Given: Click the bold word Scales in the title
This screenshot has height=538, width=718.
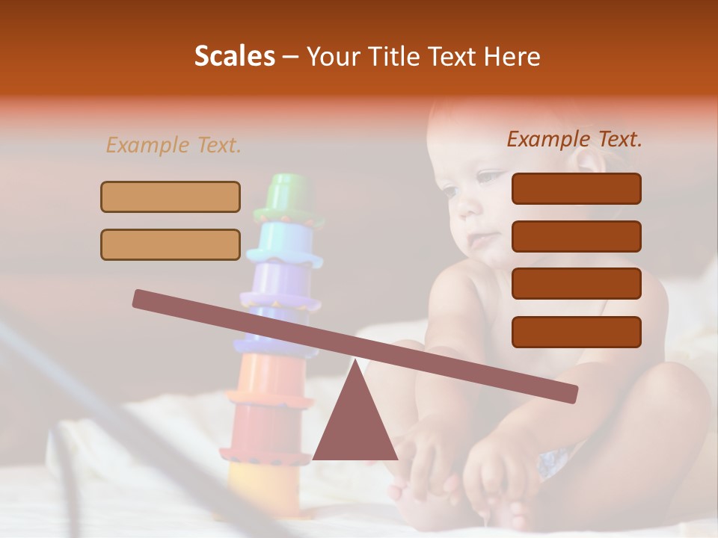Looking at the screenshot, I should [234, 56].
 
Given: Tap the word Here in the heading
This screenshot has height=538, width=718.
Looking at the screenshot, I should [511, 56].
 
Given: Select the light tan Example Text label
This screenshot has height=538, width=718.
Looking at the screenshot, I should [174, 145].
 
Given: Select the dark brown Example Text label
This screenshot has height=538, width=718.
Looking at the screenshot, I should [574, 139].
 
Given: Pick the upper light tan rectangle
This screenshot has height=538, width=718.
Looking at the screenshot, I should [171, 197].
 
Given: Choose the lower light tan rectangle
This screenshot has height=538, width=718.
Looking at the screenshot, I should [171, 244].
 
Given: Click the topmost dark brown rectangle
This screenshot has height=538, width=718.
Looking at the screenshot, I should [576, 188].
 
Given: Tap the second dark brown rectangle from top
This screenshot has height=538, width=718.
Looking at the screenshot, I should [576, 236].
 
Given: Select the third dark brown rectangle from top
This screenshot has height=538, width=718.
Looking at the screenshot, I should [576, 284].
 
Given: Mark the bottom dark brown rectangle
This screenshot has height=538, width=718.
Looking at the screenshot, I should [576, 332].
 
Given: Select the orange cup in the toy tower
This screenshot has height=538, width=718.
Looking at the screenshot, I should [269, 377].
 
